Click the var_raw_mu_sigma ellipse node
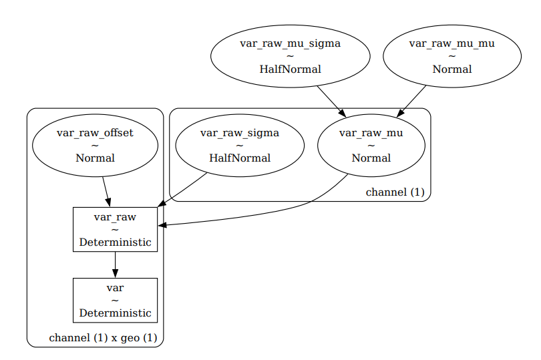[290, 56]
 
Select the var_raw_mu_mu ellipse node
[452, 56]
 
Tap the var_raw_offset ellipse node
[95, 145]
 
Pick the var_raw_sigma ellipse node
[239, 145]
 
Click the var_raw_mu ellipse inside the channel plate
[371, 145]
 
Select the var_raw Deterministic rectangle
[115, 229]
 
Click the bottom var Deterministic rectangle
[115, 300]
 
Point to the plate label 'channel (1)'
[395, 192]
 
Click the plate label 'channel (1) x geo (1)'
[103, 338]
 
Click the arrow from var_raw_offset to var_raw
[105, 192]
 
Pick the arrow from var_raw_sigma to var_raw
[184, 189]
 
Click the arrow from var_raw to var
[115, 264]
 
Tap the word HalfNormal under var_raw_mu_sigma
[290, 69]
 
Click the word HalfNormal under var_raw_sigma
[239, 158]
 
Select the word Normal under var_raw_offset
[95, 158]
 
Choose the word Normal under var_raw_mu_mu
[452, 69]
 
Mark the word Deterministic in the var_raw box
[115, 242]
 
